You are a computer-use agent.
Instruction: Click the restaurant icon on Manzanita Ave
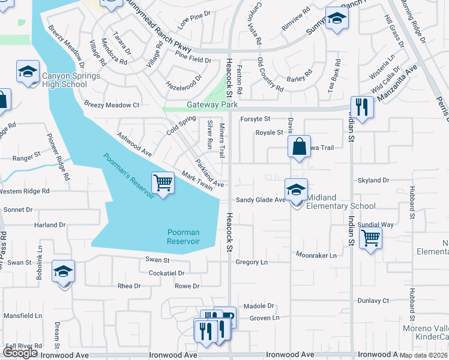362,107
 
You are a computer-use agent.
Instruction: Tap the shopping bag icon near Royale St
299,146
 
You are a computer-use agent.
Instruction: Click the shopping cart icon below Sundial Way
371,238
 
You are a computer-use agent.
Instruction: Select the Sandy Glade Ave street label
260,200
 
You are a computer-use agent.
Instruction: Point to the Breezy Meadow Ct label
112,105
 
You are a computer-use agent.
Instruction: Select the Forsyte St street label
256,119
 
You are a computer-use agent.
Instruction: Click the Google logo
20,353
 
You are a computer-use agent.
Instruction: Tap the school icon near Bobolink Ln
63,272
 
